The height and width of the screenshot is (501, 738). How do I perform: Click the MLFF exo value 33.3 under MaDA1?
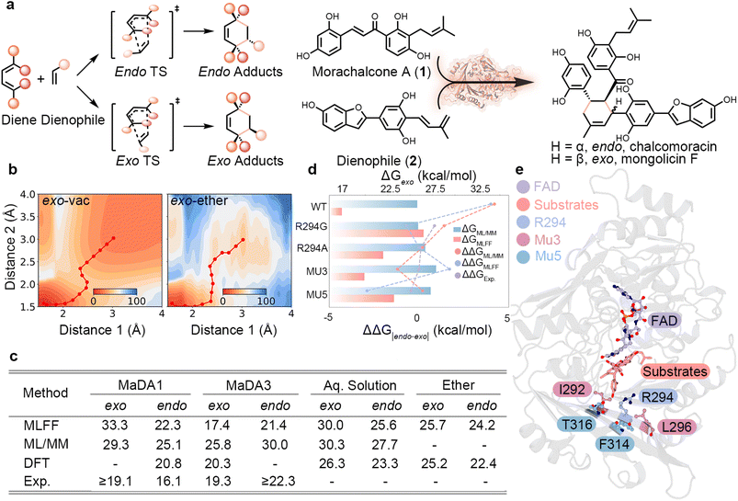[x=114, y=426]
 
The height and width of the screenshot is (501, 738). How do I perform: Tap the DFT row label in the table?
[x=37, y=463]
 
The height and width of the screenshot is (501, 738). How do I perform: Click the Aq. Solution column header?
[x=360, y=385]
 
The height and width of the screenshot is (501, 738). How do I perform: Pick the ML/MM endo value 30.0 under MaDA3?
[x=276, y=444]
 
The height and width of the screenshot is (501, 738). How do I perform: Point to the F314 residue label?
[x=614, y=443]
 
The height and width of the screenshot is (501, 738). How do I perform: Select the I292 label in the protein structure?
[x=572, y=390]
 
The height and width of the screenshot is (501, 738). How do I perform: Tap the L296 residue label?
[x=676, y=427]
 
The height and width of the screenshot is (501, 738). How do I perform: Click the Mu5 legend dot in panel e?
[x=523, y=256]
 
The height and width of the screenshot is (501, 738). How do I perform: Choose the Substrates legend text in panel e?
[x=566, y=205]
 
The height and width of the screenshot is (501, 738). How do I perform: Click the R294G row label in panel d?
[x=312, y=226]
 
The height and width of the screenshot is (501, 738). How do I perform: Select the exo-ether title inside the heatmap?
[x=199, y=201]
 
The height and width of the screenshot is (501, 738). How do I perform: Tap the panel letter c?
[x=13, y=357]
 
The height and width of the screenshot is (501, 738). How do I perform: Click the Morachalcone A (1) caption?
[x=371, y=72]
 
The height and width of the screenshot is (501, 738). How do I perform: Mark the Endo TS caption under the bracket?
[x=141, y=72]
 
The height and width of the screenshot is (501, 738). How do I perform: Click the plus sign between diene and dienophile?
[x=41, y=79]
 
